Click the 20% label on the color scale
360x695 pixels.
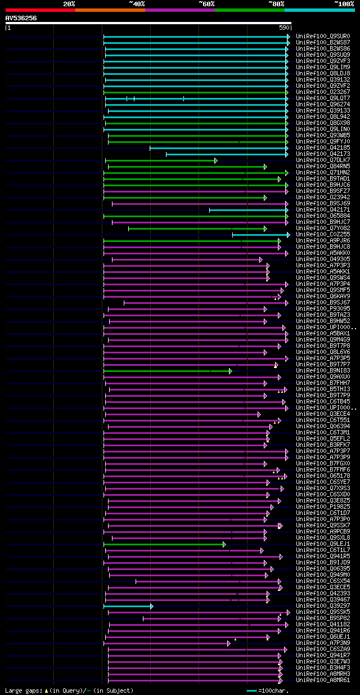click(69, 4)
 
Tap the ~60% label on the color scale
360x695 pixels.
click(206, 4)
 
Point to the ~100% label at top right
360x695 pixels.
click(344, 4)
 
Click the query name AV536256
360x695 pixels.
click(21, 18)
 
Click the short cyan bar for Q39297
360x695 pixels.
click(128, 606)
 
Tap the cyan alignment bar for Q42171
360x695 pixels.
click(248, 210)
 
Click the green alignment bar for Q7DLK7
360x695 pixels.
click(161, 160)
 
